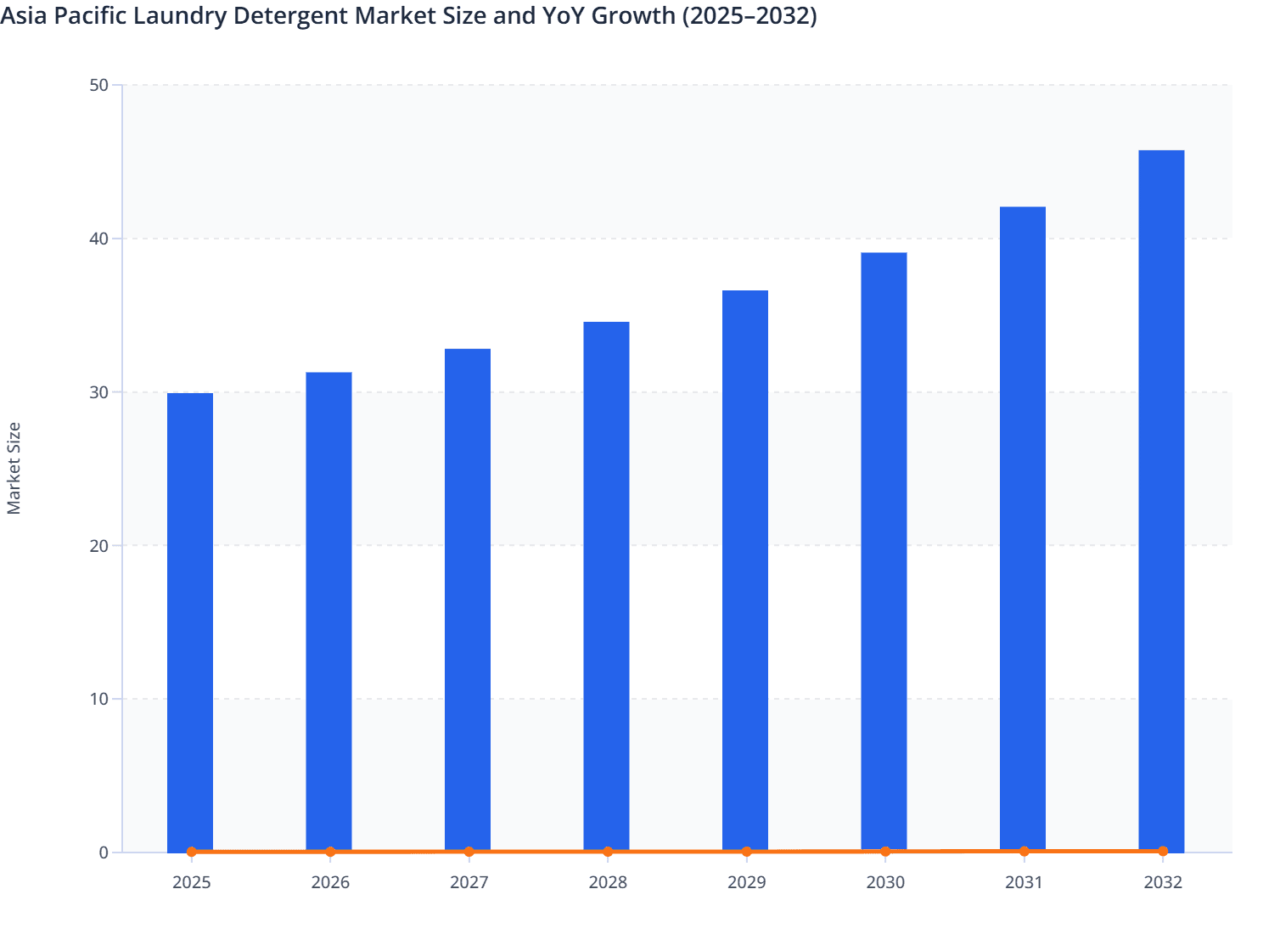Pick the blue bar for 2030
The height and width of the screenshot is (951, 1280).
[884, 552]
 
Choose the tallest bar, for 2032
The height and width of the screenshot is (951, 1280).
[1161, 501]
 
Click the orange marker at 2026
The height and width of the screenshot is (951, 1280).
[330, 852]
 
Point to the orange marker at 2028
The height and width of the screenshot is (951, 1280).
[608, 852]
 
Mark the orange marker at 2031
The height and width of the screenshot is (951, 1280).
[1024, 851]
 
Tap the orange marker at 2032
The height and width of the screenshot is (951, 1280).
[1162, 851]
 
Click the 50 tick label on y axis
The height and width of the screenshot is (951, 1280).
[98, 85]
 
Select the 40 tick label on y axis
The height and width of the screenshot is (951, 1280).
[98, 239]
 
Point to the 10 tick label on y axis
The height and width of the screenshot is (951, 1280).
[98, 699]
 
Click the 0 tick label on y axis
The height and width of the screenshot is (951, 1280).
[104, 853]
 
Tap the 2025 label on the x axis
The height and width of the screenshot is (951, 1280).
[191, 882]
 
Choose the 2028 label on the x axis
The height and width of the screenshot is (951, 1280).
[608, 882]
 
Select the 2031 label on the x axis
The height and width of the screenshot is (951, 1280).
[1024, 882]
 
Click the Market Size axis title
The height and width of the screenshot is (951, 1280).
[14, 469]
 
